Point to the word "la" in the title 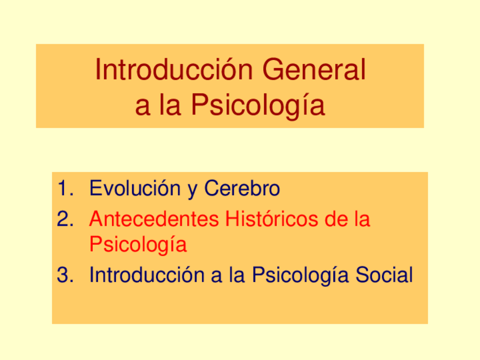click(x=168, y=105)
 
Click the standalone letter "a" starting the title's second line click(x=141, y=105)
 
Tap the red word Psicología click(x=138, y=246)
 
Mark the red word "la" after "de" click(x=361, y=218)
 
